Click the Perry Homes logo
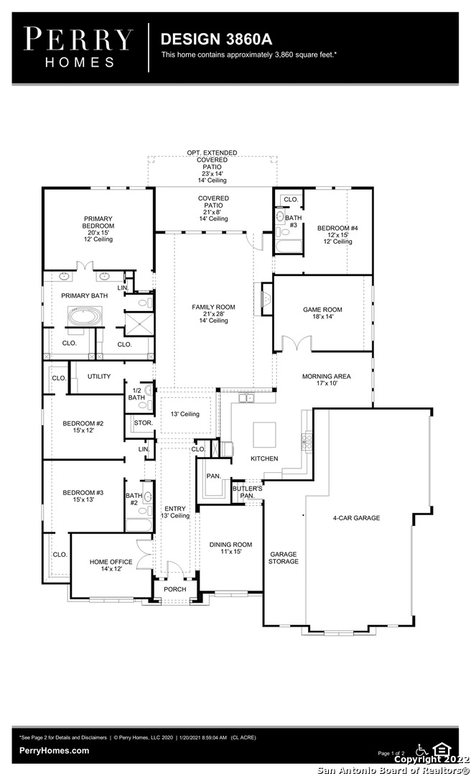[79, 47]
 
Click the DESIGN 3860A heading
[216, 39]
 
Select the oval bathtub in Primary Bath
[85, 317]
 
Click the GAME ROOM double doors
[297, 344]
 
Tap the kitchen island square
[265, 435]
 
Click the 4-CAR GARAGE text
[356, 518]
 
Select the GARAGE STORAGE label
[284, 558]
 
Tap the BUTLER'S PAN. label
[248, 492]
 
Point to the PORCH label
[175, 589]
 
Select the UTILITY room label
[99, 377]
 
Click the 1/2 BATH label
[136, 394]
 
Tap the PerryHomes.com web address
[55, 751]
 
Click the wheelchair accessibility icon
[421, 749]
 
